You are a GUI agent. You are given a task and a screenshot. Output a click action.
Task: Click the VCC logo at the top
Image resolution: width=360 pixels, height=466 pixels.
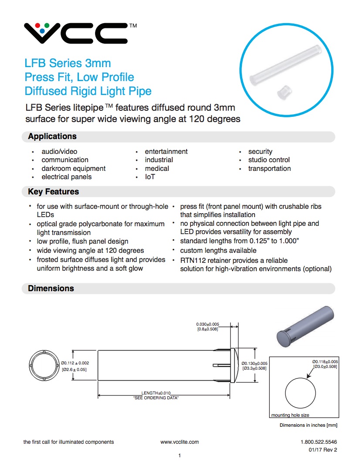tap(76, 34)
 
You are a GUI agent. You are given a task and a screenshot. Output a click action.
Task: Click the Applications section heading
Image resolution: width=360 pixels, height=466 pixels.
tap(52, 136)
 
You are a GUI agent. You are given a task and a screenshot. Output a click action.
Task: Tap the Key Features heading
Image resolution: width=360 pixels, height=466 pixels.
tap(53, 192)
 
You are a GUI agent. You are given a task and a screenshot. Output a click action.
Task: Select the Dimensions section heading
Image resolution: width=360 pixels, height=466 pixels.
tap(51, 289)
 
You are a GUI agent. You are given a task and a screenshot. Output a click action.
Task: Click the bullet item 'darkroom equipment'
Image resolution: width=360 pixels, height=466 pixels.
tap(73, 169)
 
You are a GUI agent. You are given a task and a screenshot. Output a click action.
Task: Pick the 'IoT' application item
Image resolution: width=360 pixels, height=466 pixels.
tap(150, 177)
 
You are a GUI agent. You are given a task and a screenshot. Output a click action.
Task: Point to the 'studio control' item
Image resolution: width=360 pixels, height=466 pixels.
tap(269, 160)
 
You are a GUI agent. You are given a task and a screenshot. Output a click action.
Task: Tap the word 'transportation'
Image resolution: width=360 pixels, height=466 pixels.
tap(269, 169)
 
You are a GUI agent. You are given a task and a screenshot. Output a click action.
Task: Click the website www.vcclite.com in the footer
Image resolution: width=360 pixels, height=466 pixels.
tap(180, 442)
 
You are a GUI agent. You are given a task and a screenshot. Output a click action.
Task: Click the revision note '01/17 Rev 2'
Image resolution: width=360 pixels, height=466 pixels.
tap(323, 450)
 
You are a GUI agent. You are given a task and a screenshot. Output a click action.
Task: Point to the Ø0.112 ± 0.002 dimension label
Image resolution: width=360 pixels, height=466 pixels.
tap(75, 363)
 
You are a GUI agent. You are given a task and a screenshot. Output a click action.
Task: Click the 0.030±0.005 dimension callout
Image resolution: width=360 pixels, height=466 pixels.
tap(207, 324)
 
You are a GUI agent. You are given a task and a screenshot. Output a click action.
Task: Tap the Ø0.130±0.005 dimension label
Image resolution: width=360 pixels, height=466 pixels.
tap(255, 363)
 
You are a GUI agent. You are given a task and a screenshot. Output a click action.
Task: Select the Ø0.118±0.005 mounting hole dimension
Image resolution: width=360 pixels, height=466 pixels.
tap(325, 362)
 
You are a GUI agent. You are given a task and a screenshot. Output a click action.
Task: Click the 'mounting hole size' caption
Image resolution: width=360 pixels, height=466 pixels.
tap(290, 415)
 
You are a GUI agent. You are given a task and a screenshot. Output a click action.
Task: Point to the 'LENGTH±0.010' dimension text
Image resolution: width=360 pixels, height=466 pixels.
tap(156, 393)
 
